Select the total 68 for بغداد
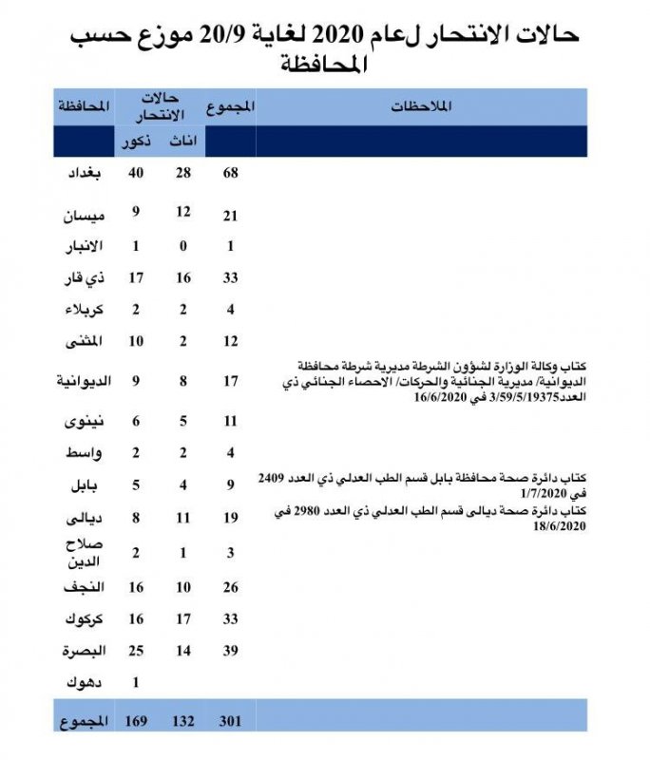point(230,173)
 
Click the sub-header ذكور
point(133,142)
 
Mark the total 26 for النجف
point(230,588)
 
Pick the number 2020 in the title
point(333,37)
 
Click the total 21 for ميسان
point(230,218)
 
